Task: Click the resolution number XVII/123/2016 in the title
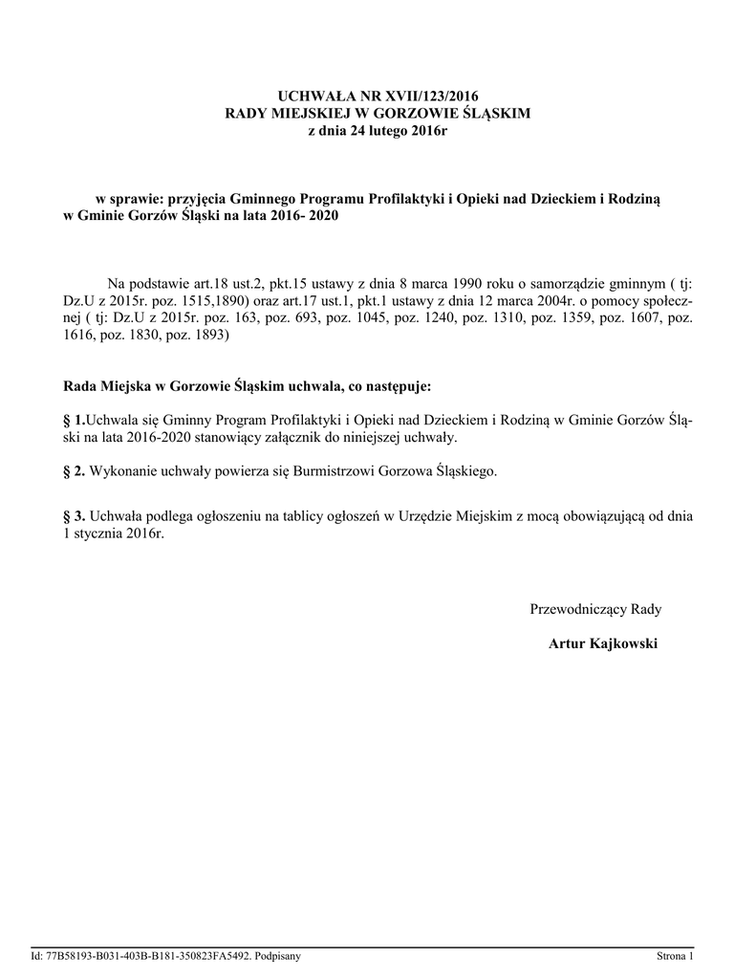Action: pos(424,97)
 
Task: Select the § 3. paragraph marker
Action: pos(74,516)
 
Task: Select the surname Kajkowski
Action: pos(623,644)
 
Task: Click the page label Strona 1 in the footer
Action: pos(675,956)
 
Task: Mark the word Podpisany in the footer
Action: pos(278,956)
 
